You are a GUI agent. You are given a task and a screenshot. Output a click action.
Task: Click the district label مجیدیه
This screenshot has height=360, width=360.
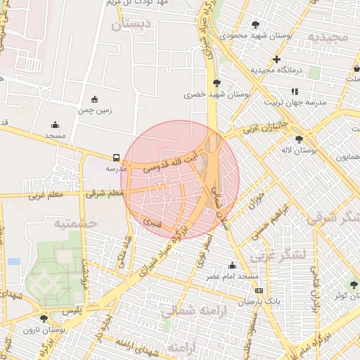pos(325,37)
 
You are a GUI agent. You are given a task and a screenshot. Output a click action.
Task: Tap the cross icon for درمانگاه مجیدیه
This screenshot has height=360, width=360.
pos(277,60)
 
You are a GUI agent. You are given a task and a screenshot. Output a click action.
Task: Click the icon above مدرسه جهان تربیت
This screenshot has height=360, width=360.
pos(295,91)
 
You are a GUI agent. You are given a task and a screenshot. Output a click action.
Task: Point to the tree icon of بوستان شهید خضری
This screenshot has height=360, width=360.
pos(216,83)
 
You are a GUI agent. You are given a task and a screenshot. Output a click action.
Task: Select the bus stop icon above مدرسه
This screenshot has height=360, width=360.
pos(116,158)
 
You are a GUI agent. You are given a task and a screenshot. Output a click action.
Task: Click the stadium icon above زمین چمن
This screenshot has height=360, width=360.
pos(95,99)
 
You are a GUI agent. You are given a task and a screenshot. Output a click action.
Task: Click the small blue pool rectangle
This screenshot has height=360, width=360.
pos(14,262)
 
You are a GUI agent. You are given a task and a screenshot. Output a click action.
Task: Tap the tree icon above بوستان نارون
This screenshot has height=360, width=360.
pos(44,319)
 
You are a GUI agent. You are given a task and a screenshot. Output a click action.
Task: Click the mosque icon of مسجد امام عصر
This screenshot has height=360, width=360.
pos(232,265)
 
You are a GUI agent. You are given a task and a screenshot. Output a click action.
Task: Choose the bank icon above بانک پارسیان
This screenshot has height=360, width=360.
pos(259,290)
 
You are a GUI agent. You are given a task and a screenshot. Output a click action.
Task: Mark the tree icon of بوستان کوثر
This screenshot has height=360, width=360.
pos(354,285)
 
